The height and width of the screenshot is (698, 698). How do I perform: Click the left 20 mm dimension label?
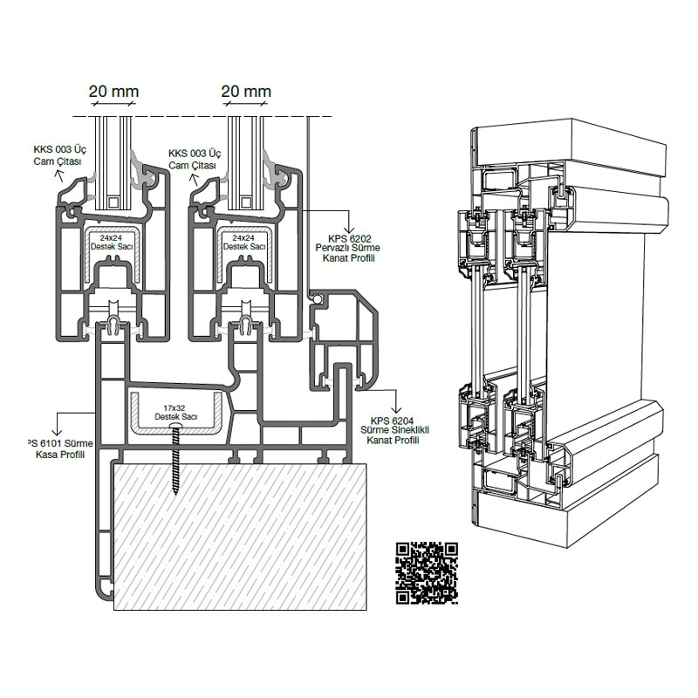click(x=113, y=91)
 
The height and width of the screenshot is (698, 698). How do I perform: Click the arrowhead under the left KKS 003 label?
click(x=60, y=174)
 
